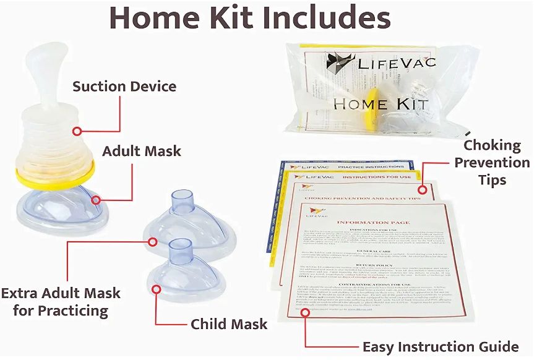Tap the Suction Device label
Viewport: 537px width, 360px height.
tap(124, 86)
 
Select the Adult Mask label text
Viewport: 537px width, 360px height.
tap(142, 151)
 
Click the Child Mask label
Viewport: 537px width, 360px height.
tap(229, 324)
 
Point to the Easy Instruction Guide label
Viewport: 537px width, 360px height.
tap(440, 346)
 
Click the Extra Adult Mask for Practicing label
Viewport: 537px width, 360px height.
tap(61, 301)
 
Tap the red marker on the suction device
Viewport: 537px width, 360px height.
tap(77, 131)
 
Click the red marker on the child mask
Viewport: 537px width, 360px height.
tap(155, 289)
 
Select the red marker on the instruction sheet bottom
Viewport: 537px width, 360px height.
tap(305, 314)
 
